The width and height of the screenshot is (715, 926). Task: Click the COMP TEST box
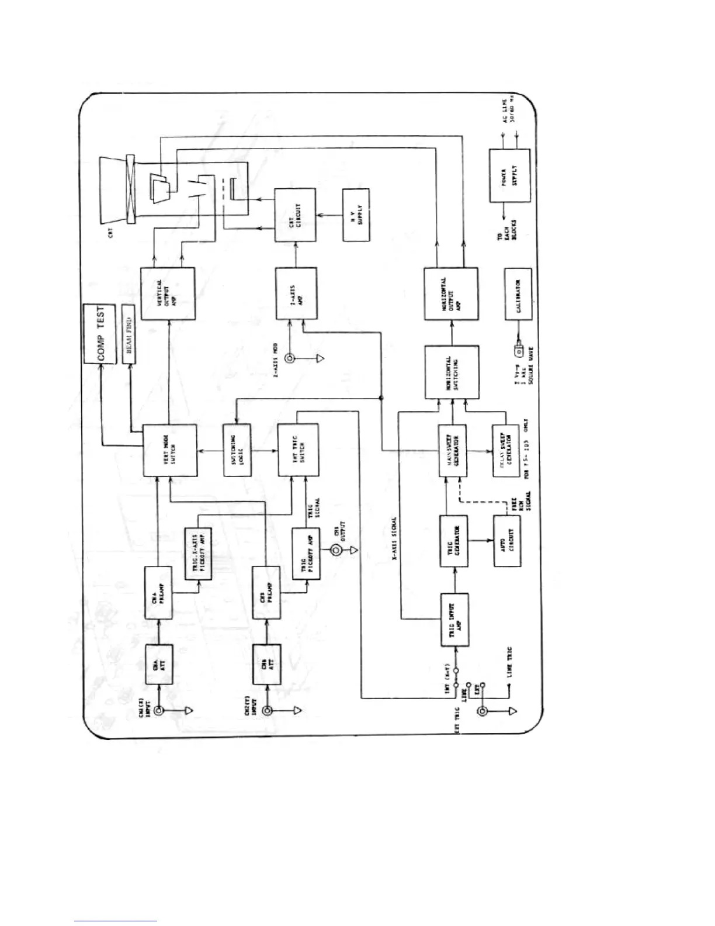tap(101, 334)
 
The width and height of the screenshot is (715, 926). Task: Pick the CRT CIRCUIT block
tap(296, 215)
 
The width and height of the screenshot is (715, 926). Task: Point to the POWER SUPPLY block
tap(509, 175)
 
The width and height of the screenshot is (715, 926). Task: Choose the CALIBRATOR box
tap(518, 293)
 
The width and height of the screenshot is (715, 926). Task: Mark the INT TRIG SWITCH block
tap(298, 450)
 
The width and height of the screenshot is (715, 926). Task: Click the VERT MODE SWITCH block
tap(169, 450)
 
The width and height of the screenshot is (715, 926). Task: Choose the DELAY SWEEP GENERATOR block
tap(505, 450)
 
